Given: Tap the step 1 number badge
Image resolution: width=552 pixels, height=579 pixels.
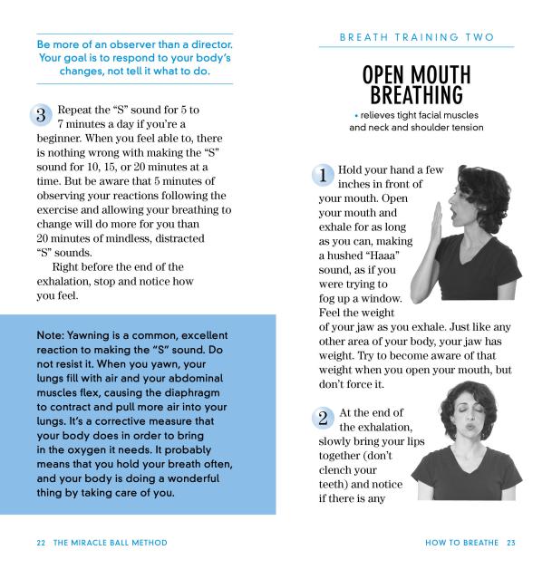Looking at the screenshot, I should coord(324,176).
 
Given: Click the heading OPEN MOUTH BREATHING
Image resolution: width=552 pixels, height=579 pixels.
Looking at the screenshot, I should coord(416,83).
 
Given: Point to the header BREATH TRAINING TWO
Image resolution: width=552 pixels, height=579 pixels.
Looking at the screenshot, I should coord(417,37).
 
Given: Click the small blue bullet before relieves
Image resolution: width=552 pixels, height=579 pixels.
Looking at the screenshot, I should coord(356,116).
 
